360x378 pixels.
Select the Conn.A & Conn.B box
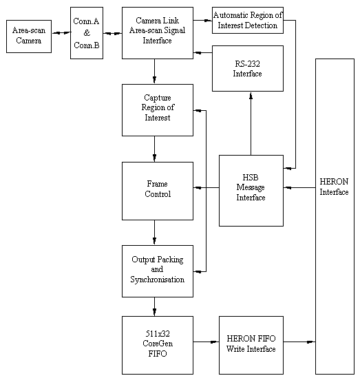87,32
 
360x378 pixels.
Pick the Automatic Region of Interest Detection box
247,20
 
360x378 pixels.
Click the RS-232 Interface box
247,68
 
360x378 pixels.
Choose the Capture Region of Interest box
158,109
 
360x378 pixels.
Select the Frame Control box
158,189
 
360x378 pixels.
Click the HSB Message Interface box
251,189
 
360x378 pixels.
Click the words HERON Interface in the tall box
334,187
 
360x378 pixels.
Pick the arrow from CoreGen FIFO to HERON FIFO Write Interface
206,341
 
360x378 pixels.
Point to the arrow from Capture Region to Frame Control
154,149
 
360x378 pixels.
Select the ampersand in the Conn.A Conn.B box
87,32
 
